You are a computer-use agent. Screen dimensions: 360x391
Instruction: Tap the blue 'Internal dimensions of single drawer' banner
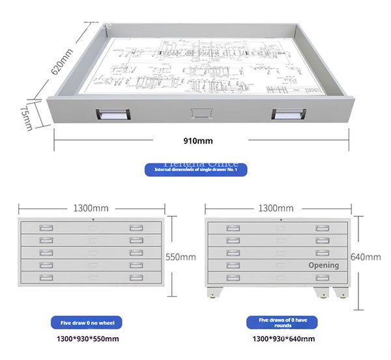200,170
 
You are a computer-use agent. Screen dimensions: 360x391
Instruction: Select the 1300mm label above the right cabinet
276,208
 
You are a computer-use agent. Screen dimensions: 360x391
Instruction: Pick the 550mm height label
181,257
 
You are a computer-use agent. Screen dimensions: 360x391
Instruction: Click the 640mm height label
365,256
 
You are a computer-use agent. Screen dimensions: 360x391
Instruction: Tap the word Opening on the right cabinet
324,265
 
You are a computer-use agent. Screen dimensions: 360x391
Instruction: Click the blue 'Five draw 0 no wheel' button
86,322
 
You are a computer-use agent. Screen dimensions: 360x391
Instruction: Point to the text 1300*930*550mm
87,339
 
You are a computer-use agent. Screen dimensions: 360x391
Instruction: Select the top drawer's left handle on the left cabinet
46,228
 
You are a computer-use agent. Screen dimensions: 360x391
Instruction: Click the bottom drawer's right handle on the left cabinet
136,277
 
